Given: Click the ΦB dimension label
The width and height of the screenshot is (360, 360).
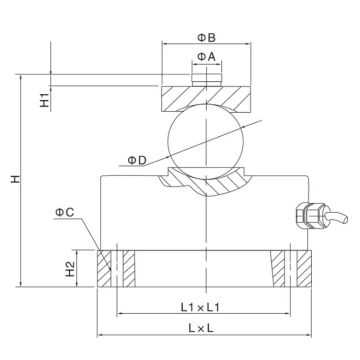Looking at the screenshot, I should [x=203, y=38].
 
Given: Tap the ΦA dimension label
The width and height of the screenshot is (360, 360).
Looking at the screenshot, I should [x=203, y=55].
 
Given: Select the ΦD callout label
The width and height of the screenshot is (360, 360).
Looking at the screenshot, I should [x=139, y=158].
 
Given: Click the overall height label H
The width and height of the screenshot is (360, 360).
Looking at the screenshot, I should [x=14, y=179].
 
